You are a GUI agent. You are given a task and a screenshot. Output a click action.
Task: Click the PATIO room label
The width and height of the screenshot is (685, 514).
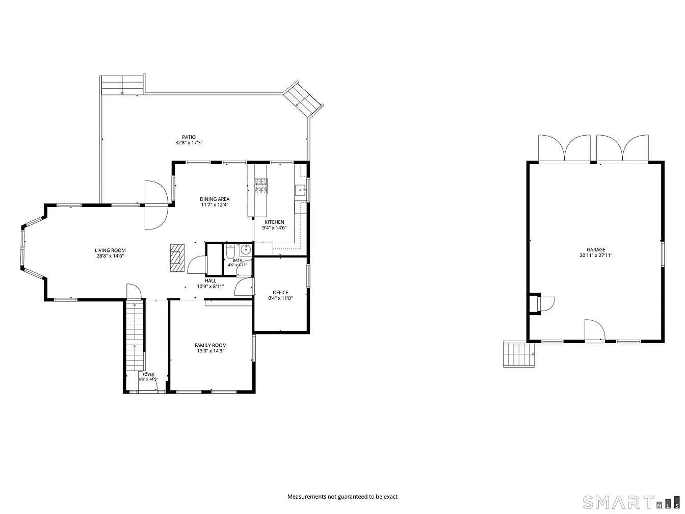click(x=189, y=137)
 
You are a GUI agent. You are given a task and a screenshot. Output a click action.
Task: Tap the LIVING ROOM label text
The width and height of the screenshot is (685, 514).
click(x=110, y=250)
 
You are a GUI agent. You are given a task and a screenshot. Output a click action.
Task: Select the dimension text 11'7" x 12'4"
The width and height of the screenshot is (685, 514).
click(x=215, y=204)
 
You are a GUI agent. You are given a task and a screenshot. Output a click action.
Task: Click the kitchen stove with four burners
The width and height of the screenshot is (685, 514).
click(x=261, y=186)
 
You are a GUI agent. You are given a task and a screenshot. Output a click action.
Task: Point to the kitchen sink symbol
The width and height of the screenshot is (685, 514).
click(x=300, y=190)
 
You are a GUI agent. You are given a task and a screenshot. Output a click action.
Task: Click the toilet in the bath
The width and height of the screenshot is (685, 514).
click(x=230, y=252)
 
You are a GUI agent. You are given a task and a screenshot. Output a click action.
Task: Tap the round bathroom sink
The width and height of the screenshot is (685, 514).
click(x=246, y=250)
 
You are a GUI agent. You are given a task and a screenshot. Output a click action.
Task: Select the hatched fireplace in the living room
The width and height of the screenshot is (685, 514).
click(x=177, y=258)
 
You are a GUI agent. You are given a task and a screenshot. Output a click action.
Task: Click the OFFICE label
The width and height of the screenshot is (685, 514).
click(x=280, y=292)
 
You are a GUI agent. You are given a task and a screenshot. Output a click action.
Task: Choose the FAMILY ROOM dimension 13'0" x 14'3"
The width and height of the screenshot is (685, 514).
click(x=210, y=351)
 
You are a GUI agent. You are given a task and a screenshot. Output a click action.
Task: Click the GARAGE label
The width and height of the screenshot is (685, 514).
click(x=596, y=250)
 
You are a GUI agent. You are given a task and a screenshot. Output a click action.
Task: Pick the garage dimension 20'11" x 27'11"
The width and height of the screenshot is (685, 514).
click(x=596, y=255)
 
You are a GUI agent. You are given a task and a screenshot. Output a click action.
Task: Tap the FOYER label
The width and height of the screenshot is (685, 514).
click(x=148, y=374)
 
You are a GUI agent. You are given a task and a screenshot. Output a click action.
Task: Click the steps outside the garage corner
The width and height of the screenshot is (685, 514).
click(x=519, y=354)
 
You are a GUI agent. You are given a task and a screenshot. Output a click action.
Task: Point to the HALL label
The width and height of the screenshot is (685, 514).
click(x=210, y=281)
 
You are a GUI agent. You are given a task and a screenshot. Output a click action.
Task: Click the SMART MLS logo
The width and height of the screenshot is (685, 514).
click(x=631, y=502)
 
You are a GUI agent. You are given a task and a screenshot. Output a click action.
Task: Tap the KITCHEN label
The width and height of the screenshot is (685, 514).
click(x=274, y=222)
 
